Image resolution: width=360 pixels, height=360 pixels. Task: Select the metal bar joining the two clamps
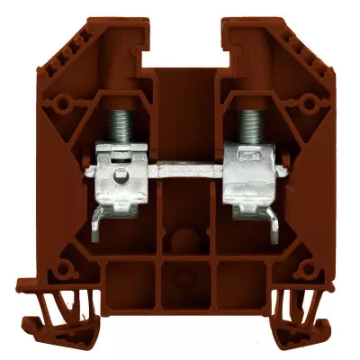[x=179, y=168]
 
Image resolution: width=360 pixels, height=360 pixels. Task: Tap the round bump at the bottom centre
[x=179, y=238]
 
